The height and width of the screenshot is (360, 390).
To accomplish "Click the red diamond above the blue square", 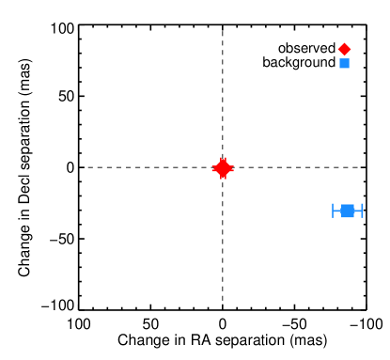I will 344,49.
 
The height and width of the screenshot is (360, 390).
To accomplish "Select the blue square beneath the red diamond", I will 344,63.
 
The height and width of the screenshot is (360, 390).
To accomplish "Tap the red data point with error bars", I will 223,168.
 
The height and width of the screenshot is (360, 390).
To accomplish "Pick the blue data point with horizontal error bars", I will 348,211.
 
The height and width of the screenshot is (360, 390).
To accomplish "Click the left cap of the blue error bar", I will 334,211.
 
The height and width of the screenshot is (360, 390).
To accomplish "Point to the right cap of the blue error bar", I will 362,211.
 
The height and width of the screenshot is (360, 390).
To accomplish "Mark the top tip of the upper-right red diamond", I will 344,42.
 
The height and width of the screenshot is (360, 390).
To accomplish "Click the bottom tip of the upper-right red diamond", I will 344,55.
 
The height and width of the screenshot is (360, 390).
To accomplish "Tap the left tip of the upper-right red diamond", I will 337,49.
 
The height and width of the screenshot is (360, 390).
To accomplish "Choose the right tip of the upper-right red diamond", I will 351,49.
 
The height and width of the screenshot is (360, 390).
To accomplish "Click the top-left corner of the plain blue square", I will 339,58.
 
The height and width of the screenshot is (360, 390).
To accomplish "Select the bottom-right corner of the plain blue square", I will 349,68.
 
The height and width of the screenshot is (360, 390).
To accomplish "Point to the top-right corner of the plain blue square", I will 349,58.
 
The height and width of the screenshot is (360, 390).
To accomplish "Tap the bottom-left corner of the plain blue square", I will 339,68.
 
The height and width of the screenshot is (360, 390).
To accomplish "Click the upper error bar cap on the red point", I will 223,159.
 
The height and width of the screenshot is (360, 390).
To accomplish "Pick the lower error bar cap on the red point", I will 223,178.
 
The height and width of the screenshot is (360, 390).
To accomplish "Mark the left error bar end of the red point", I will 212,168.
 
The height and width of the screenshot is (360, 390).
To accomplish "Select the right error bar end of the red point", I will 233,168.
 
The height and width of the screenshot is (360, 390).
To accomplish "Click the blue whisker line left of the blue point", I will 337,211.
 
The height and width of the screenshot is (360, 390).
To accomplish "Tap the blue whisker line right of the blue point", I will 358,211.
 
